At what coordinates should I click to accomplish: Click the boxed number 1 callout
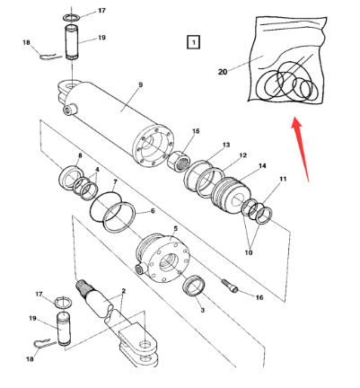(x=194, y=41)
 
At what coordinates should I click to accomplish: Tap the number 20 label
(x=223, y=71)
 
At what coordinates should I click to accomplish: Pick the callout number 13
(x=225, y=145)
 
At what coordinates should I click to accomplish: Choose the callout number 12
(x=241, y=154)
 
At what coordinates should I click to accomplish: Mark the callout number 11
(x=284, y=180)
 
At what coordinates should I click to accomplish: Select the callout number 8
(x=80, y=156)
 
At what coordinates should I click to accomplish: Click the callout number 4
(x=97, y=170)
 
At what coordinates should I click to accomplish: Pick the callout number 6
(x=152, y=212)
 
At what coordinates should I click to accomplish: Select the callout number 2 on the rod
(x=123, y=292)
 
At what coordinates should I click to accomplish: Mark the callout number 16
(x=259, y=296)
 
